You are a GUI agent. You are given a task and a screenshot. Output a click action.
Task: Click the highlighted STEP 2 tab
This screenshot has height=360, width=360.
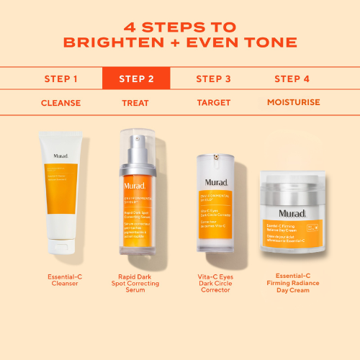pyautogui.click(x=136, y=78)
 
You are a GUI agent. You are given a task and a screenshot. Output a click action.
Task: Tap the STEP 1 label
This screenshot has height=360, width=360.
pyautogui.click(x=60, y=78)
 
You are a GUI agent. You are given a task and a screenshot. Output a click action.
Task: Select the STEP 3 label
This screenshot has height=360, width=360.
pyautogui.click(x=213, y=78)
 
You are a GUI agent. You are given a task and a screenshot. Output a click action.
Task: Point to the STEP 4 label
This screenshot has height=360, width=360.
pyautogui.click(x=292, y=78)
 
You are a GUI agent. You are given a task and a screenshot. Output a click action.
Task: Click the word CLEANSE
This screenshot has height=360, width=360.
pyautogui.click(x=60, y=102)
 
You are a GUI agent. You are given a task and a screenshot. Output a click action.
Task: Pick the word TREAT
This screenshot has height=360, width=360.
pyautogui.click(x=136, y=102)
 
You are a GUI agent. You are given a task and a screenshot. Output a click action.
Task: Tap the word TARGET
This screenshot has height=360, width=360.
pyautogui.click(x=213, y=102)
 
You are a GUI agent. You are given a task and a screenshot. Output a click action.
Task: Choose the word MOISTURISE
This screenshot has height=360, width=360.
pyautogui.click(x=292, y=102)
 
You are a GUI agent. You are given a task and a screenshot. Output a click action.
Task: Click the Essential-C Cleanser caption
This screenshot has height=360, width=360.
pyautogui.click(x=64, y=280)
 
